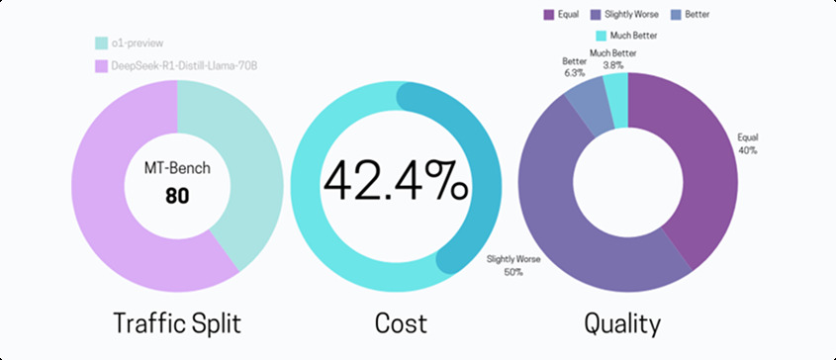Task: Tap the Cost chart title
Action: point(401,322)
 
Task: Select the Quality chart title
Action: point(622,322)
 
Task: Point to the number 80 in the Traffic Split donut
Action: point(177,196)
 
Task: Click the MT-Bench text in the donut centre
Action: point(177,169)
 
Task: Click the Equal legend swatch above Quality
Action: point(549,15)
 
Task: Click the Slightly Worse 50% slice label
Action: point(505,265)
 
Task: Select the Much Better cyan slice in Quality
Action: point(617,88)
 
